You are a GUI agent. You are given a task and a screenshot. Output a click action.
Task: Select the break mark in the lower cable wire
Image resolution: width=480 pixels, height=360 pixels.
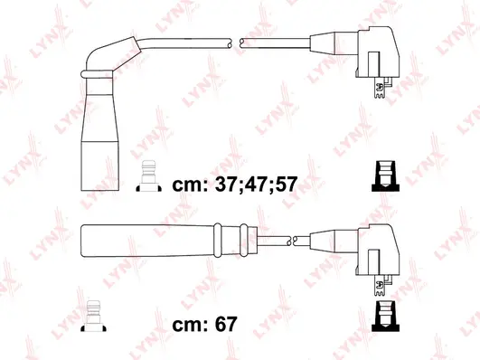[x=289, y=242]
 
